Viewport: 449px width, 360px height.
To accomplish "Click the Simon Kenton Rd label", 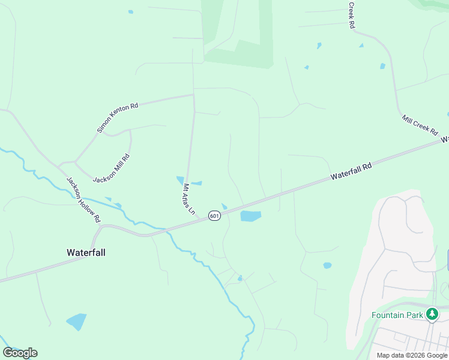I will point(118,118).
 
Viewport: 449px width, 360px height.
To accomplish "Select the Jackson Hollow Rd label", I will point(83,200).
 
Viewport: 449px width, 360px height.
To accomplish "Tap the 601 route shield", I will point(214,215).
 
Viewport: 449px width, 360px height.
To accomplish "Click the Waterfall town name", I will point(86,253).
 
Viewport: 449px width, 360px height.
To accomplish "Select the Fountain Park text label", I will point(397,315).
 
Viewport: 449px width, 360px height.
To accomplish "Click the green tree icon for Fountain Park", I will point(432,314).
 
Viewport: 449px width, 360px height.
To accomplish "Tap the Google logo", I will point(20,353).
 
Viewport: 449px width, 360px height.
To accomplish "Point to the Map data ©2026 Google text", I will point(412,355).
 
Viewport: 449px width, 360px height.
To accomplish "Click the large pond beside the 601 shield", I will point(250,216).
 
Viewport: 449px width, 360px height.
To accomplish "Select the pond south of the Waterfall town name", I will point(76,322).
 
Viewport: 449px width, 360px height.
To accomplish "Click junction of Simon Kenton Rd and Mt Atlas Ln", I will point(193,95).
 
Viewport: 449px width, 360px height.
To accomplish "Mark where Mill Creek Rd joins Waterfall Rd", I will point(443,139).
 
